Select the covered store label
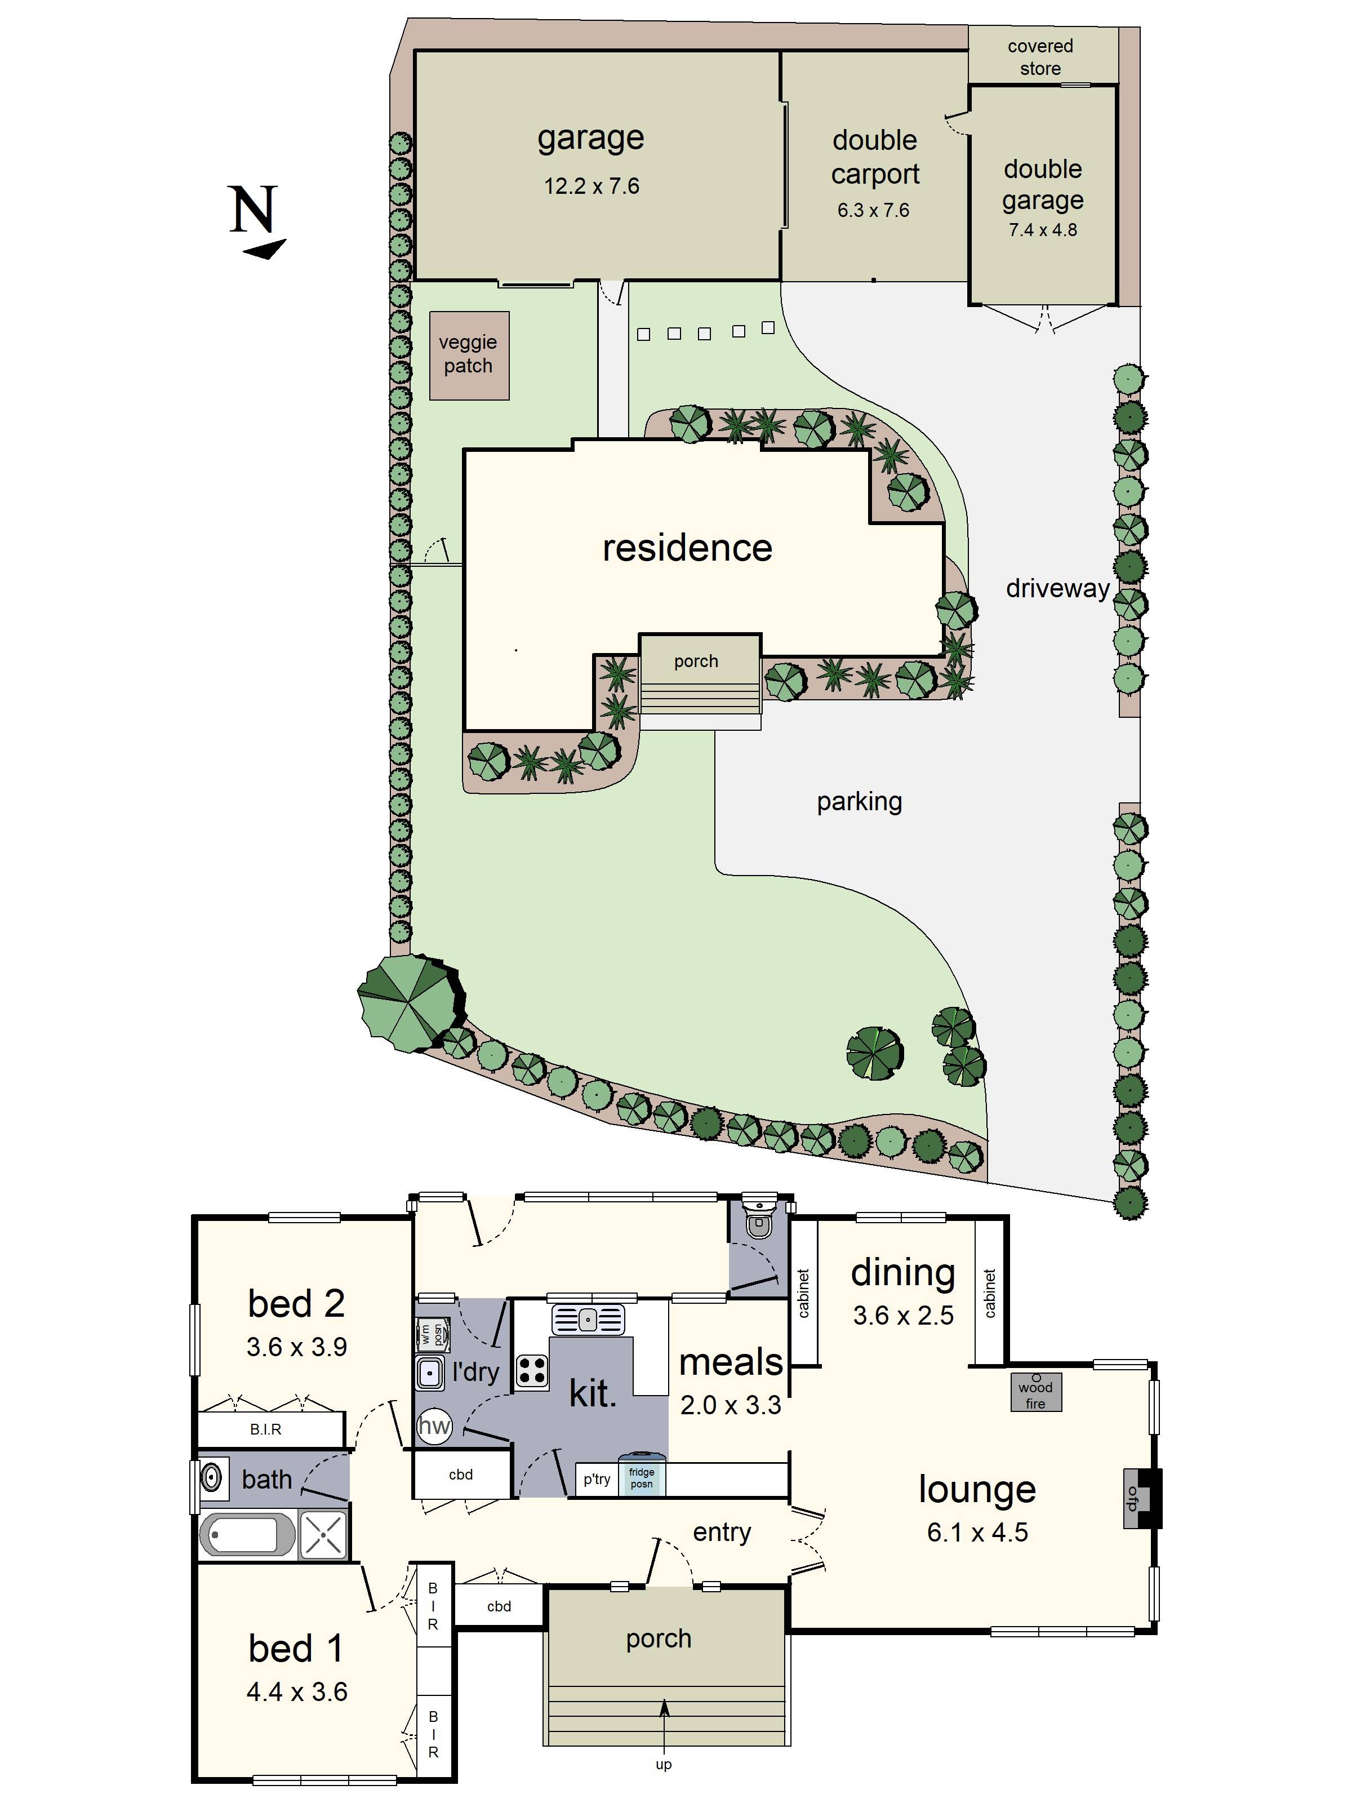(1040, 57)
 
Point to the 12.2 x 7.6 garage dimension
(591, 186)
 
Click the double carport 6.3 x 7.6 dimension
(873, 210)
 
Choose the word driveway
(1057, 588)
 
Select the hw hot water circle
(434, 1425)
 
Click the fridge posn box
(642, 1478)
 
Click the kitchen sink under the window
(588, 1319)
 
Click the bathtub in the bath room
(247, 1535)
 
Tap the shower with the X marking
(323, 1535)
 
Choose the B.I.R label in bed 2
(266, 1429)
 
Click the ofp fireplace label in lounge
(1131, 1498)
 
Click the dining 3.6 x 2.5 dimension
(903, 1316)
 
